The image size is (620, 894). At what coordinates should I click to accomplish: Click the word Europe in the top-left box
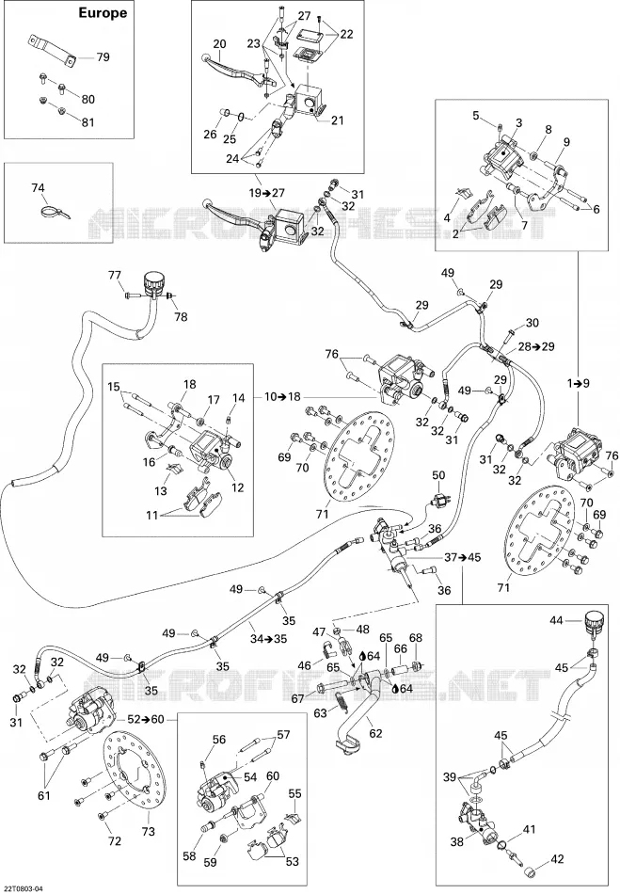(x=103, y=13)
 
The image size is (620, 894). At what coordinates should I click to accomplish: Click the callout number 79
(x=103, y=57)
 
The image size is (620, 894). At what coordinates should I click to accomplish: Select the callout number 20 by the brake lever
(x=219, y=44)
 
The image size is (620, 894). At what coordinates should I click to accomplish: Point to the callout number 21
(x=338, y=120)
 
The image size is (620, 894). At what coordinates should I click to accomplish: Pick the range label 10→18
(x=283, y=397)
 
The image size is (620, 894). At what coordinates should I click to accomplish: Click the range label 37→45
(x=462, y=557)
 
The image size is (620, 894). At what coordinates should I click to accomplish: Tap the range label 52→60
(x=145, y=720)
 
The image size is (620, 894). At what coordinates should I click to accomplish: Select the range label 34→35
(x=268, y=639)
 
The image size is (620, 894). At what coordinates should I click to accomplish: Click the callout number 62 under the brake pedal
(x=375, y=733)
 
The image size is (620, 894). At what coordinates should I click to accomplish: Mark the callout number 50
(x=438, y=475)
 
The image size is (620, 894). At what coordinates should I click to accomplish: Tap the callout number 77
(x=116, y=276)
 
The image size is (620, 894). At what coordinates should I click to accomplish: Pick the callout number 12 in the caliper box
(x=238, y=487)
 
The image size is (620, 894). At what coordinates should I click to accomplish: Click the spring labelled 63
(x=342, y=701)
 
